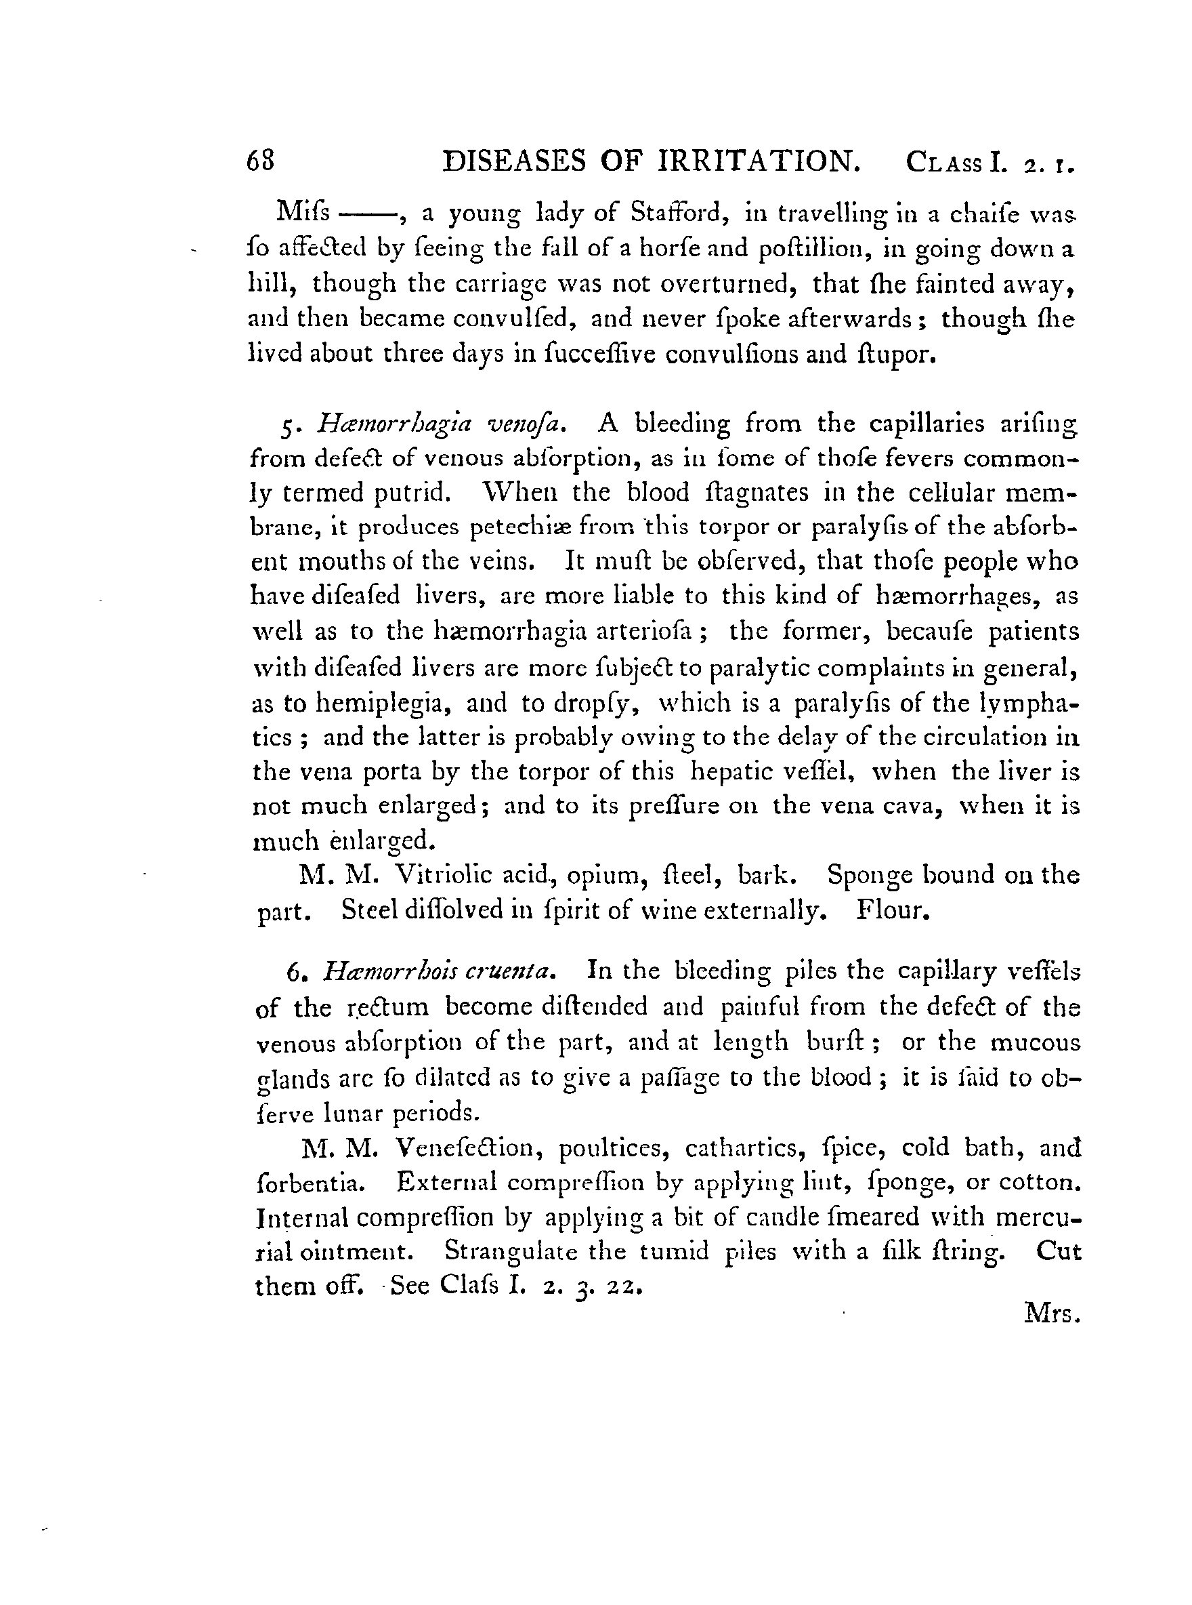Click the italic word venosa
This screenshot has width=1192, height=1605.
(x=530, y=423)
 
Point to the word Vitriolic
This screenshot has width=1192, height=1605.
(x=440, y=875)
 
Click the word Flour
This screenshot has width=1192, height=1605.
(x=892, y=910)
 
